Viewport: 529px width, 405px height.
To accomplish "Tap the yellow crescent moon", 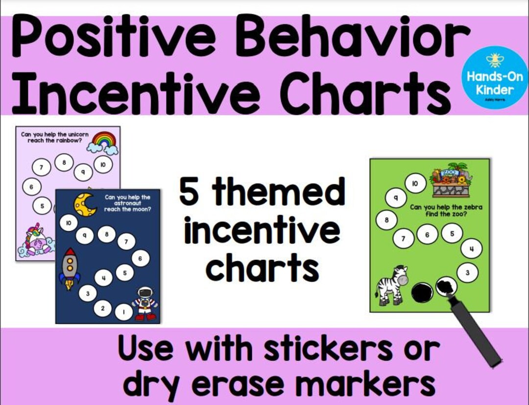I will click(x=84, y=204).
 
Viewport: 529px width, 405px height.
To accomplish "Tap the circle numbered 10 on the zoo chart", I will click(x=415, y=183).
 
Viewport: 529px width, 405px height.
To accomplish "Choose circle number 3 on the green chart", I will click(x=467, y=272).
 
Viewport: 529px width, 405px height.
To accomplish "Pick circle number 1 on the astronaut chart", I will click(x=124, y=312).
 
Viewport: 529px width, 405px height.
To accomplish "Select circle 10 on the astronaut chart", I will click(x=69, y=223).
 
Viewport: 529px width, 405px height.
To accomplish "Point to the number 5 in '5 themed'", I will click(x=189, y=193).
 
